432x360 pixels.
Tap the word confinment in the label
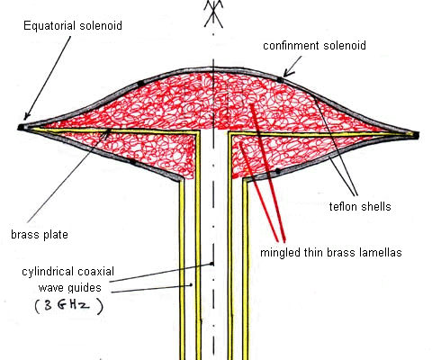coord(291,46)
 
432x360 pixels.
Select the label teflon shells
coord(360,206)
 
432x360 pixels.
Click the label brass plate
coord(40,234)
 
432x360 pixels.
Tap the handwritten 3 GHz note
coord(68,306)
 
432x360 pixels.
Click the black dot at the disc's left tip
coord(21,128)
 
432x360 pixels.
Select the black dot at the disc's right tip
coord(416,135)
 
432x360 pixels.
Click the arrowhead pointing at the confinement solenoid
coord(288,72)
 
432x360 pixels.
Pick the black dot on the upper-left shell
coord(140,84)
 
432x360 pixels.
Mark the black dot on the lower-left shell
coord(132,162)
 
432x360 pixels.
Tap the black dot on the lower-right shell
coord(278,171)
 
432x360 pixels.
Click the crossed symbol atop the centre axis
coord(213,13)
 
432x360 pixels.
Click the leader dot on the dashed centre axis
coord(212,264)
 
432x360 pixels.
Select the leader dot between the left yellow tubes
coord(191,284)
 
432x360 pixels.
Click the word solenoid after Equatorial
coord(101,25)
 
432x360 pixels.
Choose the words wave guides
coord(70,288)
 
